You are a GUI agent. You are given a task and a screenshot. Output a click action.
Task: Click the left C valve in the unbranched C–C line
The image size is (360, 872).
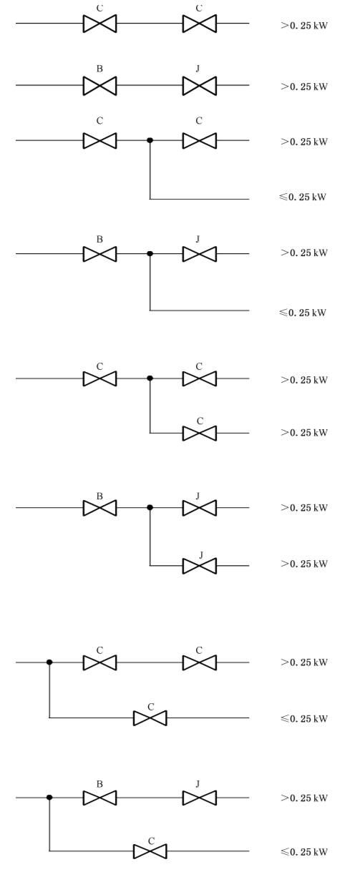99,24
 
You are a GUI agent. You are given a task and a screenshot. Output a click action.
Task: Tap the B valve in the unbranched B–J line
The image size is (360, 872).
99,85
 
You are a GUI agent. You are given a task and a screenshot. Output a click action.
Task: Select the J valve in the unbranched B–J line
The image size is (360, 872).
200,85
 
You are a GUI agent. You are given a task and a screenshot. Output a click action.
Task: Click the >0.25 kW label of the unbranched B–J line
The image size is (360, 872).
304,87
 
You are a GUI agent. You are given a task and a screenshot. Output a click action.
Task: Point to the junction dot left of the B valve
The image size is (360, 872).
49,798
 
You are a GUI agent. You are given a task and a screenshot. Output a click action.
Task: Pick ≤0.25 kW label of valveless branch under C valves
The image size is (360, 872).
303,197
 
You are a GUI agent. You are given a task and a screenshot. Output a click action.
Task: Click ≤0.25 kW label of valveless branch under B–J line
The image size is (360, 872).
303,313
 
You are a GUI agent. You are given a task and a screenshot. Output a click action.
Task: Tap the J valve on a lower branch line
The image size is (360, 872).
200,566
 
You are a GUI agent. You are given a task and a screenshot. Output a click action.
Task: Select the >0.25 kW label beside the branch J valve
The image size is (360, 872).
304,564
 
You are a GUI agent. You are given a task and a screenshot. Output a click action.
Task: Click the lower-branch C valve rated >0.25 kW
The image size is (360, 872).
200,433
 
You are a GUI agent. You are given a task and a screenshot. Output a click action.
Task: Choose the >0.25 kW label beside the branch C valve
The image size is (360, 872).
304,433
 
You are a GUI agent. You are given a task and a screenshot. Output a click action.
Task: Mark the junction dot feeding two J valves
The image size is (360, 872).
150,507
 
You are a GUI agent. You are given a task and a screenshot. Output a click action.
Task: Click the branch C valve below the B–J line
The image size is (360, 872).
150,851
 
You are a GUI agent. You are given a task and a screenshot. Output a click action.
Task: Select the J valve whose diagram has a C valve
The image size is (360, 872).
200,798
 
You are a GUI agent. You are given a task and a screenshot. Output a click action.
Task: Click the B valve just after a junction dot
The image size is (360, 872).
99,798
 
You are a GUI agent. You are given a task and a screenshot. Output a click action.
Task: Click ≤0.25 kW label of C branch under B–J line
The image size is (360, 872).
304,852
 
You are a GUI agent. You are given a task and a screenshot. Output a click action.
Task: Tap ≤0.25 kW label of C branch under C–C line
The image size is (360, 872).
304,719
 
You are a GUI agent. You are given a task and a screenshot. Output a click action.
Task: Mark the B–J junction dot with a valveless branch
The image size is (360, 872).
150,253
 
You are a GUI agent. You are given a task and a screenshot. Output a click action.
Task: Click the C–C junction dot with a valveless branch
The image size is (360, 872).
150,140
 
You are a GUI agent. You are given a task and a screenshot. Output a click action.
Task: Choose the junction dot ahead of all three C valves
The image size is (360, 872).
49,662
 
